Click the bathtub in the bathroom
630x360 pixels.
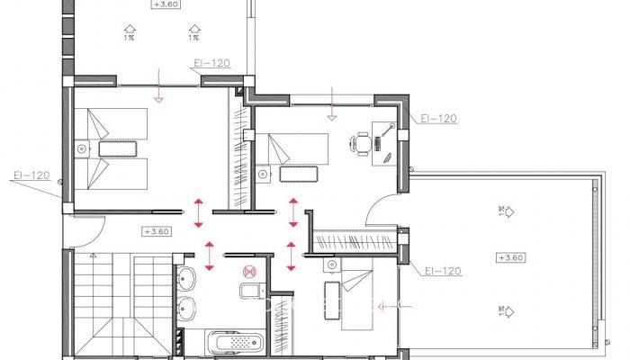tap(236, 343)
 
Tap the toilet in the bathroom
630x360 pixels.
tap(250, 290)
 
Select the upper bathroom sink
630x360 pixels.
tap(185, 276)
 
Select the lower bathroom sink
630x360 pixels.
tap(186, 308)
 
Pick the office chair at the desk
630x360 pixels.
tap(363, 141)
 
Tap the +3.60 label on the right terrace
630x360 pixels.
tap(509, 257)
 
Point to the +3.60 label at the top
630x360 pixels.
tap(166, 4)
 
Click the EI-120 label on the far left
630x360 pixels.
tap(31, 175)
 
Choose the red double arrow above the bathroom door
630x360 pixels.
tap(210, 256)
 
